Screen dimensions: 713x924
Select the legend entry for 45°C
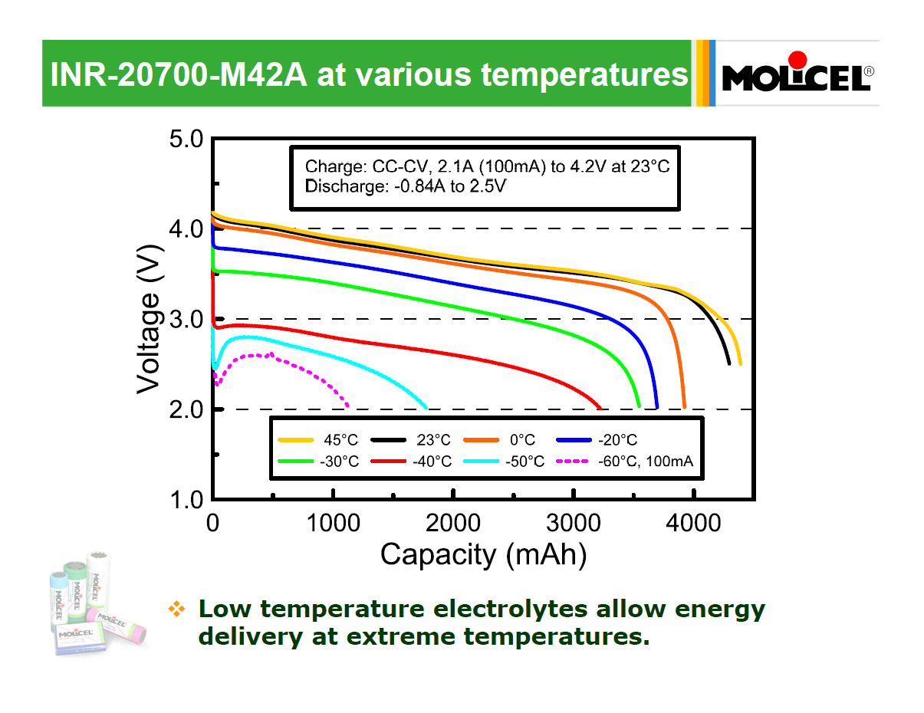[319, 440]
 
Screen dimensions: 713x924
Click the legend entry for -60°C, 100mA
[626, 461]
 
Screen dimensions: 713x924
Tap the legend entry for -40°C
[411, 461]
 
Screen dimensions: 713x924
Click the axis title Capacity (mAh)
[483, 554]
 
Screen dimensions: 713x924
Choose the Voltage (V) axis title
[150, 319]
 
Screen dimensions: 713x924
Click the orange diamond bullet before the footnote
[177, 609]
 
